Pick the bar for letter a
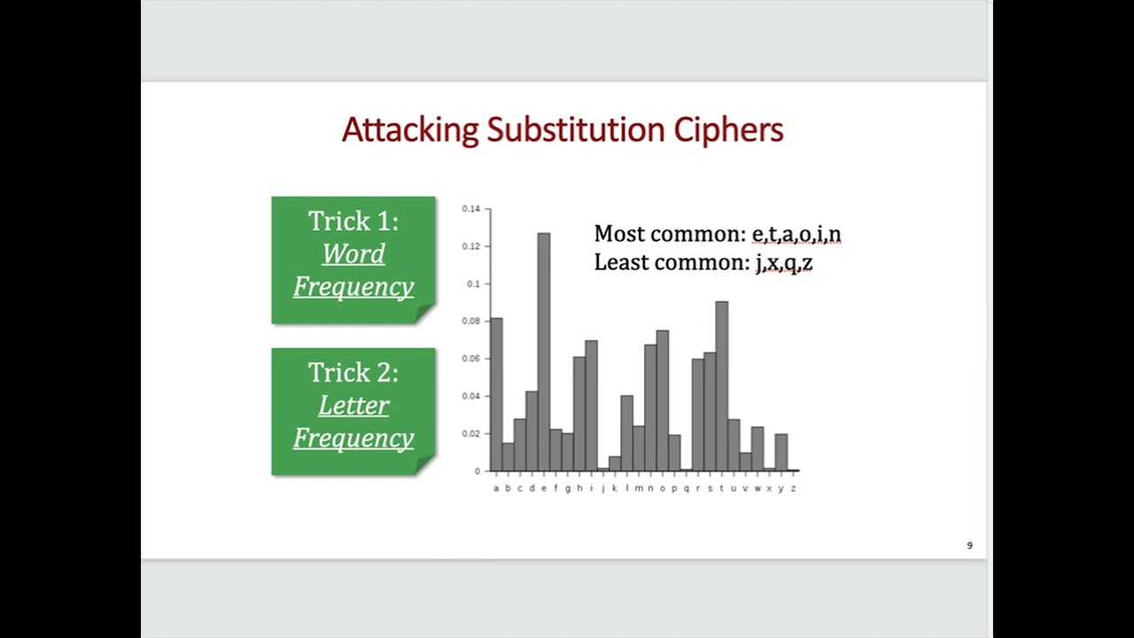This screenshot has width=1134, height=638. point(496,393)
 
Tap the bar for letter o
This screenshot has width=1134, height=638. point(662,400)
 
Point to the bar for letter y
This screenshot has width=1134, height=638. point(781,452)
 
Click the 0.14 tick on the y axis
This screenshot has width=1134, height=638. point(470,209)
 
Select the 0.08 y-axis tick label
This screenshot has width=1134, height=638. point(470,321)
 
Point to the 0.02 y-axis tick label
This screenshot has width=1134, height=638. point(470,433)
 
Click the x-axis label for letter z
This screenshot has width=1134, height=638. point(793,488)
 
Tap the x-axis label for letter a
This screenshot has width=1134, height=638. point(496,488)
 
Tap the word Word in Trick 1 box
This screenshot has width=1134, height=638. point(353,254)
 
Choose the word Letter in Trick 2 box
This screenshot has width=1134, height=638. point(353,406)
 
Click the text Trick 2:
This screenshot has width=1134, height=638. point(353,373)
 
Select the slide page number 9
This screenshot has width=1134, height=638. point(969,546)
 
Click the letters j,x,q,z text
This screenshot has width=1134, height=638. point(783,263)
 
